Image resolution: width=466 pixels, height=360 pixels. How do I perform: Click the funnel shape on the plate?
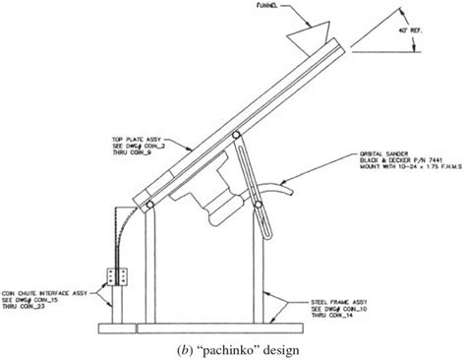coord(308,38)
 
